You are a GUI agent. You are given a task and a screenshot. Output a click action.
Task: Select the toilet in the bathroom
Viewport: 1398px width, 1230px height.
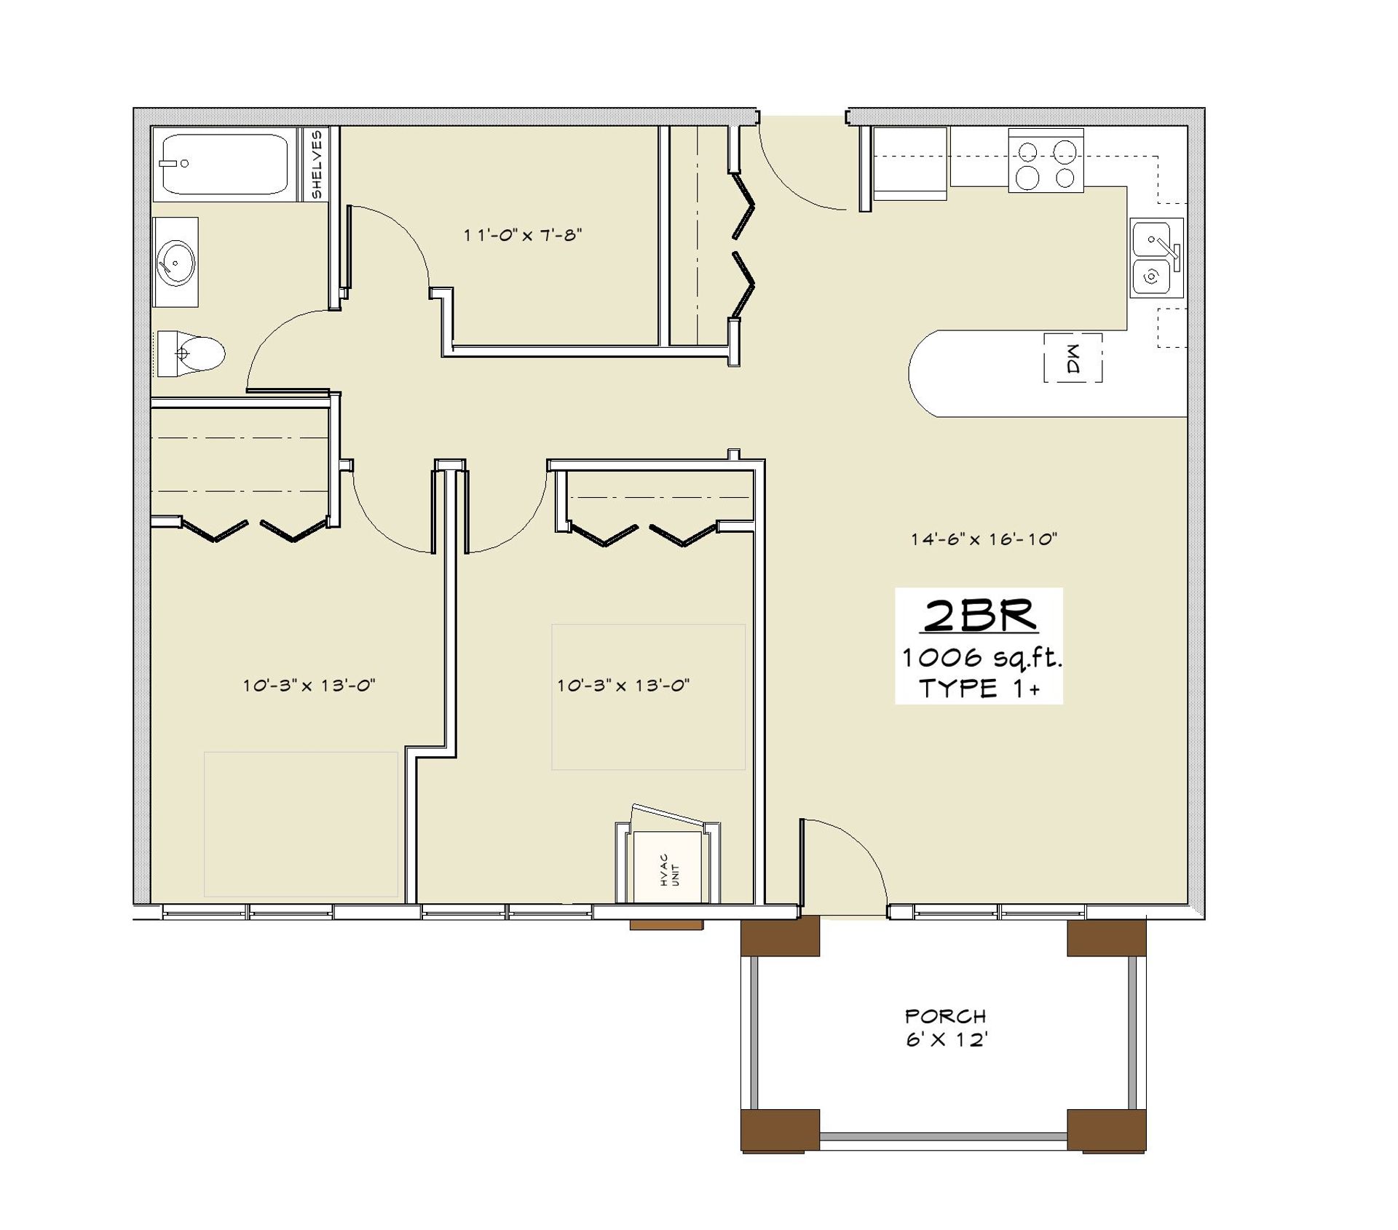click(193, 354)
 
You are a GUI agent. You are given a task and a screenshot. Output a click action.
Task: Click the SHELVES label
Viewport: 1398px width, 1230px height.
click(317, 164)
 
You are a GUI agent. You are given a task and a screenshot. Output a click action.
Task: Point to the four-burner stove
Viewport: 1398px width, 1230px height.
click(1046, 161)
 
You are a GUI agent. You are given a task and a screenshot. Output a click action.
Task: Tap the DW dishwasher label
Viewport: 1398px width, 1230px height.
click(1073, 358)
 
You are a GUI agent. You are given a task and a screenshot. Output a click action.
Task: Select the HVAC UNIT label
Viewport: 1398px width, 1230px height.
click(669, 870)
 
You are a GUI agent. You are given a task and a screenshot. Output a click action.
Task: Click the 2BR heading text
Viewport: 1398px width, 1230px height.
click(979, 616)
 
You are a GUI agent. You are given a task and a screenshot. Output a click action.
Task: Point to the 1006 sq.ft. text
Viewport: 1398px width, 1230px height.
click(981, 658)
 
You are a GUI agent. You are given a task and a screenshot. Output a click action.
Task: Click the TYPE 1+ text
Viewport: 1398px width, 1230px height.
click(979, 689)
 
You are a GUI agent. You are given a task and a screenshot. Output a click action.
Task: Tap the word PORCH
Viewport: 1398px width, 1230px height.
click(945, 1016)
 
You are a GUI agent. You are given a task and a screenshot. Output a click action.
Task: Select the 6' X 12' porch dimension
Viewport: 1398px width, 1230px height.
click(946, 1040)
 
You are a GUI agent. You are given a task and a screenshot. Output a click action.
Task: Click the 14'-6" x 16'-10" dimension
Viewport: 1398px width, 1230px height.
click(983, 539)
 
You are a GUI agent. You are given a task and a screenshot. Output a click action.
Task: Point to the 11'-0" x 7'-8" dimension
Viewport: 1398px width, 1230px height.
click(522, 235)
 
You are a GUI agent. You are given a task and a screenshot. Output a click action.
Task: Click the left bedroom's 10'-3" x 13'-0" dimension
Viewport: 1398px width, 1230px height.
click(308, 685)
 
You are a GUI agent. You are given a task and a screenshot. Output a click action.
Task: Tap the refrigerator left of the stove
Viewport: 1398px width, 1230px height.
click(910, 164)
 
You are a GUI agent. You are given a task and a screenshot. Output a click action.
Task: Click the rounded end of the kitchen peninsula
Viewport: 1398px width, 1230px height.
click(925, 373)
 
